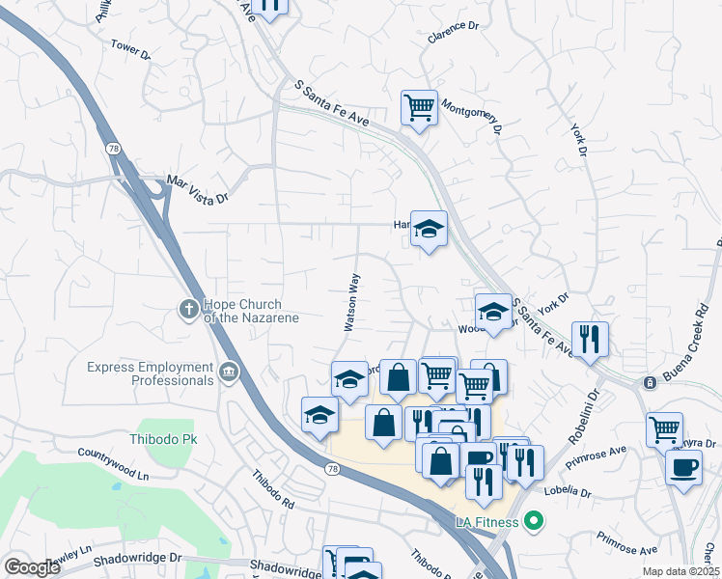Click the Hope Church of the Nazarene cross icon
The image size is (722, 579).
point(189,308)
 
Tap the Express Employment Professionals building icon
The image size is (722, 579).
point(229,373)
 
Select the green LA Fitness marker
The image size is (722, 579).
point(532,523)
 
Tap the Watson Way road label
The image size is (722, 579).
point(352,302)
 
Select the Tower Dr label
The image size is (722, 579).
point(130,49)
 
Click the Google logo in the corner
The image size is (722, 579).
point(32,567)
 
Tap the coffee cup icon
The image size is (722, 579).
point(683,467)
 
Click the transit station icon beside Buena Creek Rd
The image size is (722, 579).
point(650,383)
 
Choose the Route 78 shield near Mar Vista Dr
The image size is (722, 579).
point(114,149)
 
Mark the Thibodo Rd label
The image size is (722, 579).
point(273,490)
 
